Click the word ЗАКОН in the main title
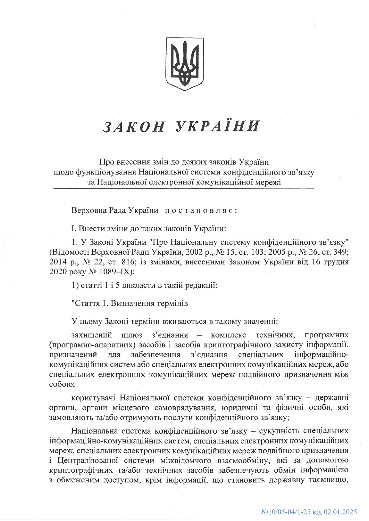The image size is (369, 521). click(x=134, y=126)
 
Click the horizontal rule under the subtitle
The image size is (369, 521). click(x=184, y=188)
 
